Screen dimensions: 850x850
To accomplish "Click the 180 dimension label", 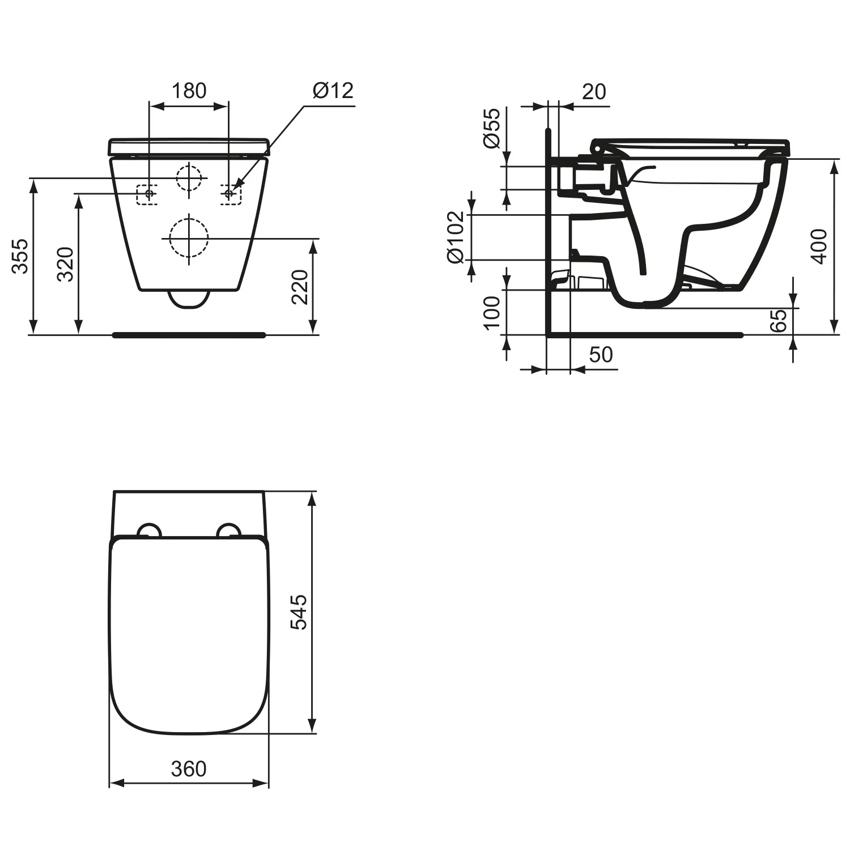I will (189, 91).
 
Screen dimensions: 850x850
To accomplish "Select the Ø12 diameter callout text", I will (333, 91).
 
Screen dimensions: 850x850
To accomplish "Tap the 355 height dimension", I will (20, 256).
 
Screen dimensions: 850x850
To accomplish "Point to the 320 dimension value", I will (66, 264).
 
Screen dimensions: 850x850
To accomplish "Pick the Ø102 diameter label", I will (456, 237).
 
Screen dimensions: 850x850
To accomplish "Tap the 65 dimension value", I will (779, 320).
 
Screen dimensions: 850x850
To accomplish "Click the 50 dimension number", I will (601, 355).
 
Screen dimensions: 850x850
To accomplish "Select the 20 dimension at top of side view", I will (593, 92).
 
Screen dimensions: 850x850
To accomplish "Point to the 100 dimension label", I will (492, 312).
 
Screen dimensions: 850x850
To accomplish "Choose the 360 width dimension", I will (189, 769).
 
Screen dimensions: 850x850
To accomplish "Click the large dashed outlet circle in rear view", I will (189, 238).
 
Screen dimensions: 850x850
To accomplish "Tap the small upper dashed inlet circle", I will (189, 178).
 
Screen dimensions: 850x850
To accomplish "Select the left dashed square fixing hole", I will (147, 194).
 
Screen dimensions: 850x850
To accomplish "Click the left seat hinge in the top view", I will (150, 529).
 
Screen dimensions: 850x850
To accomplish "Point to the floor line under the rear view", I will (189, 335).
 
